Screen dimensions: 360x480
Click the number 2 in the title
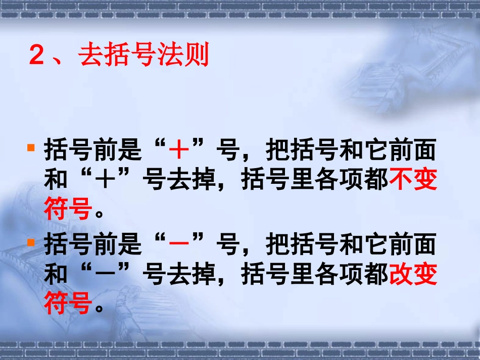tap(37, 56)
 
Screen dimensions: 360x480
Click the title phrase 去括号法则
tap(144, 55)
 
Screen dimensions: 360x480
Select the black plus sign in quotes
tap(105, 180)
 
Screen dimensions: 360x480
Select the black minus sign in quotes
tap(105, 274)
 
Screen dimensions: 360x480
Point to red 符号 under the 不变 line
tap(68, 209)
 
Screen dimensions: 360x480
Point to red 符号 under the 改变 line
tap(68, 303)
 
